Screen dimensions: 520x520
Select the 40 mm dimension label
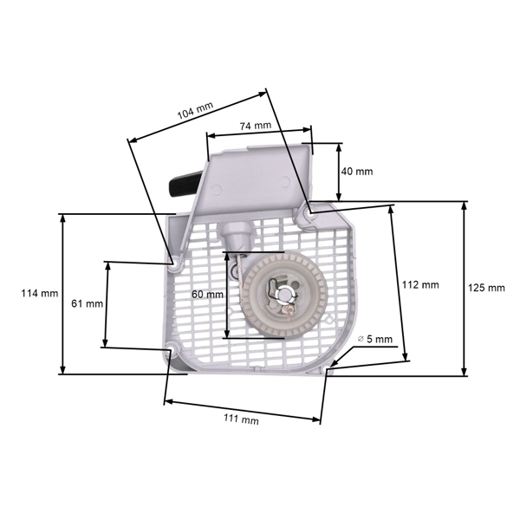click(x=357, y=172)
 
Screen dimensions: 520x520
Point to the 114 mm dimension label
click(x=39, y=293)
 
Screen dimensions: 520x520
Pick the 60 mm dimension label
click(x=207, y=295)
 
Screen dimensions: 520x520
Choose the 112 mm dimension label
click(x=422, y=284)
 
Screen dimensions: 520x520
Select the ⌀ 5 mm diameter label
click(x=374, y=339)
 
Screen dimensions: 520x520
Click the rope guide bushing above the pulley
click(x=234, y=232)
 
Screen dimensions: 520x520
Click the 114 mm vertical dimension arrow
click(x=62, y=294)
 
